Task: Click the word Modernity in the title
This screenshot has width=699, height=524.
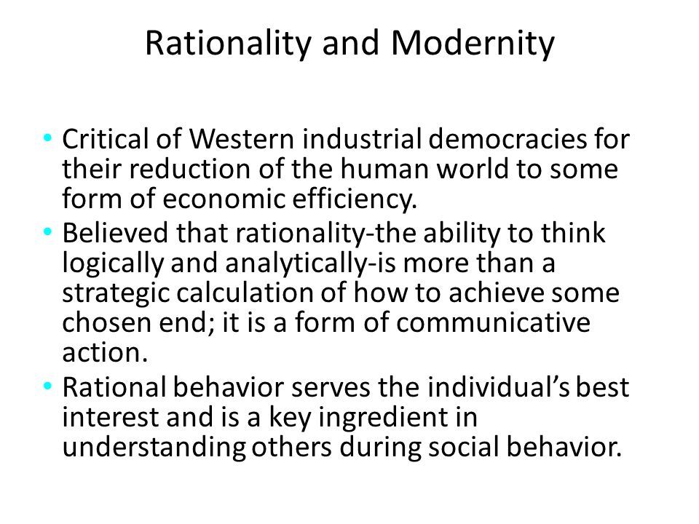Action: (473, 44)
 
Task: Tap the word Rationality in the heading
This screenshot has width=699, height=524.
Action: (228, 44)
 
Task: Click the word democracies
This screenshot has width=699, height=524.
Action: (508, 138)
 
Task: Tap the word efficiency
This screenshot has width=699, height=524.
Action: (355, 199)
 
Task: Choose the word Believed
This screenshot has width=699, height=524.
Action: (116, 233)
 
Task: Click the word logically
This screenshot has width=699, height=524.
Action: (114, 263)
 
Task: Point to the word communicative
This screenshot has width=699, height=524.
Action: (493, 322)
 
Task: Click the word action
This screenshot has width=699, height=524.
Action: (105, 353)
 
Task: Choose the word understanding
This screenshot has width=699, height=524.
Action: (154, 448)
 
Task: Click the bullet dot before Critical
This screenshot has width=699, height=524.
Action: (48, 138)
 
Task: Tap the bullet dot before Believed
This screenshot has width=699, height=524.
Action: (48, 231)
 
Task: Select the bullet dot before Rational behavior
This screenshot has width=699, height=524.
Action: (48, 386)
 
